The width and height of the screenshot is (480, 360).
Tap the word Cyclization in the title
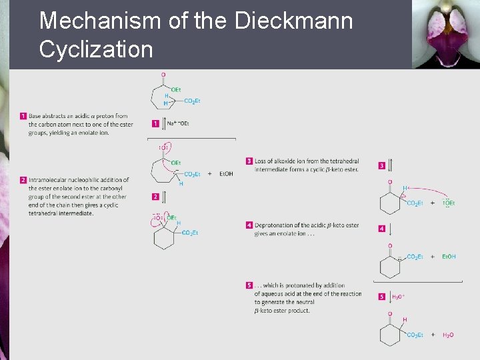pos(96,49)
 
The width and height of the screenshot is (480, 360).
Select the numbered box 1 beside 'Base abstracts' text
pos(23,116)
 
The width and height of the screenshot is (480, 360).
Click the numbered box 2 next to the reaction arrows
pos(155,197)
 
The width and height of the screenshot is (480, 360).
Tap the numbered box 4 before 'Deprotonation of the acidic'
pos(249,225)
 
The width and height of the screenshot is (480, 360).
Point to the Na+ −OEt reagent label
pos(177,123)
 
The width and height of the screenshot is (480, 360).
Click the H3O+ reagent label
pos(399,297)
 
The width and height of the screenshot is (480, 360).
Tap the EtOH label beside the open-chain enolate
pos(225,174)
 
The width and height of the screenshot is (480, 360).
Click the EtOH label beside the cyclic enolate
pos(448,257)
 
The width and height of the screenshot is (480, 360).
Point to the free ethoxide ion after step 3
pos(449,203)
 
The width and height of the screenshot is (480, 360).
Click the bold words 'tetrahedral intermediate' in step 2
pos(61,213)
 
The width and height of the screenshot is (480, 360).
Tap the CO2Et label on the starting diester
pos(191,101)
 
